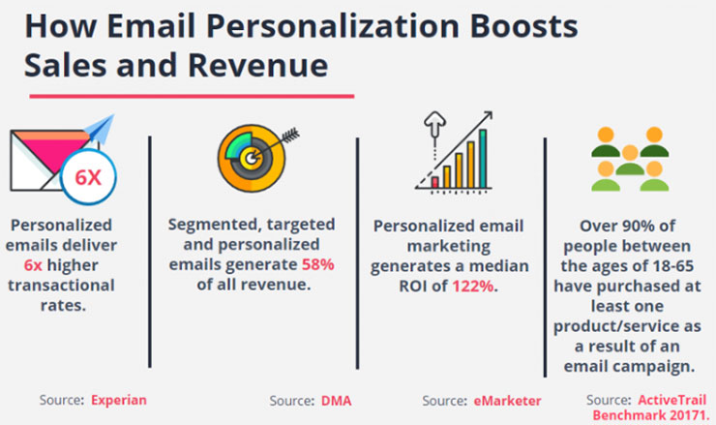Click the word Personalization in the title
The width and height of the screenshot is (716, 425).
pos(333,26)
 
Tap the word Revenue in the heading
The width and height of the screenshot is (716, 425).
pos(257,65)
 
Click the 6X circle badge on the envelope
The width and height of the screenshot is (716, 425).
pos(88,177)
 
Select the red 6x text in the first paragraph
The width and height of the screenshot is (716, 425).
pos(33,265)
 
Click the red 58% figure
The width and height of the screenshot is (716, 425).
pos(317,264)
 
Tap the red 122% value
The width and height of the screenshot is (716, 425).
pos(473,286)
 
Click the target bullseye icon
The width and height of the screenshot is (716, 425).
pos(252,158)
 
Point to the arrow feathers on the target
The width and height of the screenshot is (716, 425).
pos(291,136)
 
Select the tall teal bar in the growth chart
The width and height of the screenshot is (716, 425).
pos(483,159)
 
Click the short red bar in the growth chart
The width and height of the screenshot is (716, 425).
pos(435,182)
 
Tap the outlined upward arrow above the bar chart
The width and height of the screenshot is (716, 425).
pos(434,124)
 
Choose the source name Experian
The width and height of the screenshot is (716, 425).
pos(119,400)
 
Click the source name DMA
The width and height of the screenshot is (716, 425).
pos(337,401)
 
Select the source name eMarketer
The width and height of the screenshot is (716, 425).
pos(507,401)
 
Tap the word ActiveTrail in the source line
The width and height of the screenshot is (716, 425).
pos(672,400)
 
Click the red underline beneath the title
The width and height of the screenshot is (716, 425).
pos(192,96)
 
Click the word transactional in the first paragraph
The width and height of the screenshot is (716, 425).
pos(61,286)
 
